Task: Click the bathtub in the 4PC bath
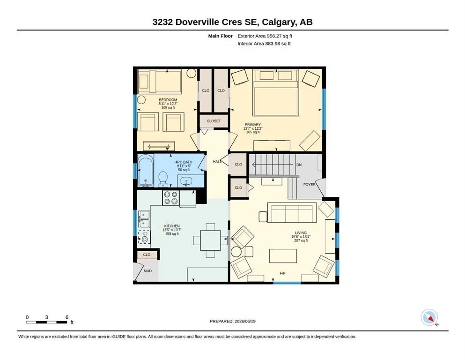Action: tap(146, 170)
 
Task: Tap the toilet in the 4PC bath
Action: tap(163, 179)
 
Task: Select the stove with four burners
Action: tap(171, 198)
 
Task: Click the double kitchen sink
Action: tap(144, 219)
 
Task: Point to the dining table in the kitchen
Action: tap(210, 240)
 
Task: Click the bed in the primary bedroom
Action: tap(275, 93)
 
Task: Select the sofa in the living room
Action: tap(292, 212)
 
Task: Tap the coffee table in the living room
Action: tap(283, 256)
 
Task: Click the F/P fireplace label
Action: tap(283, 273)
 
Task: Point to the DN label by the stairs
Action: tap(299, 165)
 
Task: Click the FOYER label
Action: tap(310, 184)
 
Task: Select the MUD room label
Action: tap(148, 270)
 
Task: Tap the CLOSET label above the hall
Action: tap(214, 121)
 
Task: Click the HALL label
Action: tap(217, 161)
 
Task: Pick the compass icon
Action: tap(429, 317)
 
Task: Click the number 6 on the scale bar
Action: tap(67, 317)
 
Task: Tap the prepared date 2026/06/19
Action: tap(245, 321)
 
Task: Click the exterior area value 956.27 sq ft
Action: tap(280, 36)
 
